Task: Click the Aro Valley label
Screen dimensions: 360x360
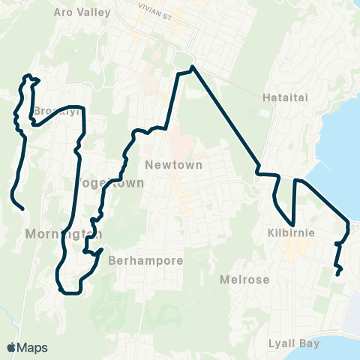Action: tap(82, 12)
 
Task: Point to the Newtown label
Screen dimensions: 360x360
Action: tap(174, 165)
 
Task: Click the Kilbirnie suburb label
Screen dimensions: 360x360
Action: tap(289, 233)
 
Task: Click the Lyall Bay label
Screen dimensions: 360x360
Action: tap(294, 343)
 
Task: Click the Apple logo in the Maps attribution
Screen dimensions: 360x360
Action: tap(11, 347)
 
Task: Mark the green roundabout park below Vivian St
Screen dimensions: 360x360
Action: tap(182, 59)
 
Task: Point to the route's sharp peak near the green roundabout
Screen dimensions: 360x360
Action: tap(193, 67)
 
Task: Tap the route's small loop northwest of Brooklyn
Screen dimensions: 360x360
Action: tap(31, 77)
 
